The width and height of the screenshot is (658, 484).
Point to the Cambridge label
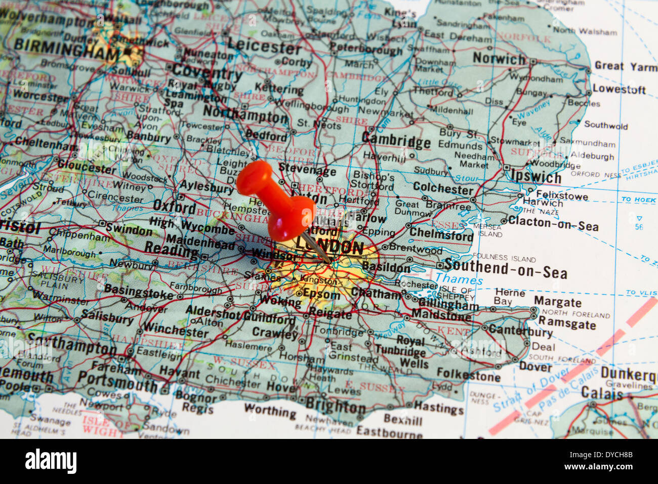[x=396, y=140]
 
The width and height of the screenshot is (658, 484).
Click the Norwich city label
[x=499, y=59]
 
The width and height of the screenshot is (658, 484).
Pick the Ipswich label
[x=536, y=176]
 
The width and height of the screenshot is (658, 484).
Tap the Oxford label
[x=174, y=207]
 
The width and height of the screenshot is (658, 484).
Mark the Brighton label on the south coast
[x=335, y=406]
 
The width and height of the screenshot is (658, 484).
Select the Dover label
[x=535, y=366]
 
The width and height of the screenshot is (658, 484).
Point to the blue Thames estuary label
[x=459, y=279]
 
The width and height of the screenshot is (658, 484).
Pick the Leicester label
[x=264, y=47]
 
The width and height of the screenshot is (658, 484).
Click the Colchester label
[x=443, y=189]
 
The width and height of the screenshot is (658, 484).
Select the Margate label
[x=557, y=302]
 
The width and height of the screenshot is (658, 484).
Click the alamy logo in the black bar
[x=51, y=461]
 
